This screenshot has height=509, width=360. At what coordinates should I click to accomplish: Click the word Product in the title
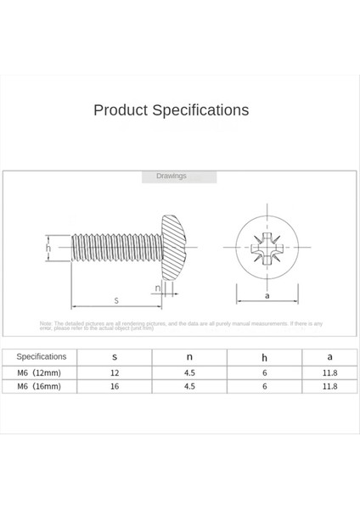point(121,110)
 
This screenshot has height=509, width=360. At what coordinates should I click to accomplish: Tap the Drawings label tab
point(171,176)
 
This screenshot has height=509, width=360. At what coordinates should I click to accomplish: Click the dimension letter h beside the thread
point(48,249)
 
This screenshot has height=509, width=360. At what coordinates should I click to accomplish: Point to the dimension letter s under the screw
point(115,300)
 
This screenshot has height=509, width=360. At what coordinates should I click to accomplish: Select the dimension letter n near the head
point(158,288)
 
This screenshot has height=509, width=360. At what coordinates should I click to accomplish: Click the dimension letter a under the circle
point(267,296)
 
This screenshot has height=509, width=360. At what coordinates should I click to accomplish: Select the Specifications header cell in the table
point(41,357)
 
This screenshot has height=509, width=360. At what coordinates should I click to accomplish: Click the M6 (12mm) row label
point(40,372)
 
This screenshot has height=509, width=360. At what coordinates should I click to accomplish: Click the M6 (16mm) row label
point(40,386)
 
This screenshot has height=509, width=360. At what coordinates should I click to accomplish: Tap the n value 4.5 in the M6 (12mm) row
point(189,372)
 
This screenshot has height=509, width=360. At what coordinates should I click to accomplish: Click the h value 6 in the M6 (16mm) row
point(265,386)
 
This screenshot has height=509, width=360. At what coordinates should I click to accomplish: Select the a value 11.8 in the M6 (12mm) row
point(330,372)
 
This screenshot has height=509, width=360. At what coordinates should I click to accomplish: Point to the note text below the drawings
point(181,325)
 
